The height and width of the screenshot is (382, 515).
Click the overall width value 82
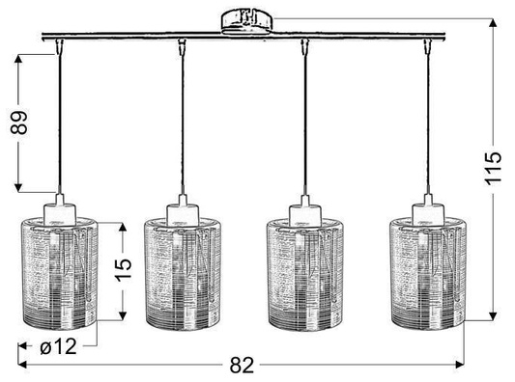(x=243, y=365)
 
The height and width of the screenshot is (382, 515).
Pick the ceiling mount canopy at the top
(x=247, y=19)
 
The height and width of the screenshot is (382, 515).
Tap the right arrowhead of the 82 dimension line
(x=460, y=366)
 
